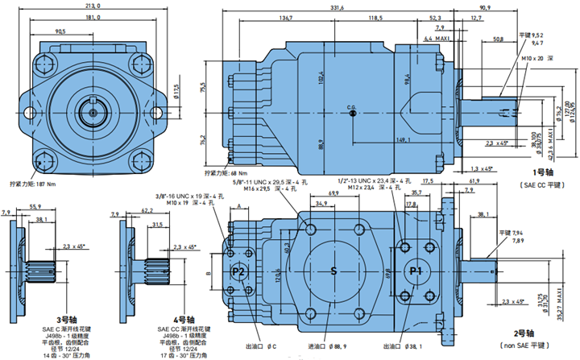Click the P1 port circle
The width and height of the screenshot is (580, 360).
pyautogui.click(x=415, y=271)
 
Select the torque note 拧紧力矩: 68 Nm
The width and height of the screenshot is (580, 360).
pyautogui.click(x=226, y=172)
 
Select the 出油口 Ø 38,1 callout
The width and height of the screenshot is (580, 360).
pyautogui.click(x=408, y=346)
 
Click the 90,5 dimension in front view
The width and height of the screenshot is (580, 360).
pyautogui.click(x=61, y=32)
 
